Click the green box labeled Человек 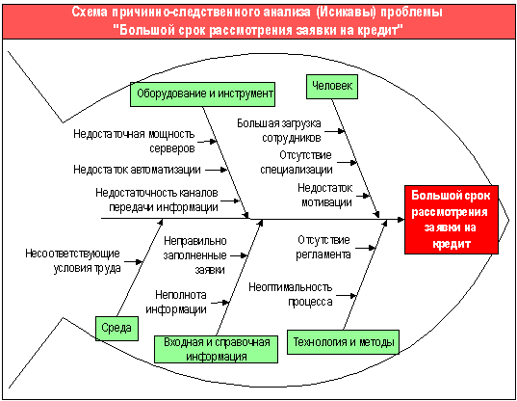coord(332,87)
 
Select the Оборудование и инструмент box coord(202,94)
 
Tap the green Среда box coord(116,329)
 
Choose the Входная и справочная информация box coord(217,349)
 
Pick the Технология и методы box coord(343,342)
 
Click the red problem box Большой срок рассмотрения coord(452,220)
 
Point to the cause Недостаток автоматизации coord(137,170)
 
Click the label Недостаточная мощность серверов coord(134,141)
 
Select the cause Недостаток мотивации coord(325,195)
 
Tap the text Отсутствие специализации coord(297,162)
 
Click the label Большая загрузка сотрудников coord(279,130)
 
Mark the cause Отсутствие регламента coord(323,247)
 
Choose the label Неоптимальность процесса coord(290,294)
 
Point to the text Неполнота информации coord(176,302)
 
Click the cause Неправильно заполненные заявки coord(194,255)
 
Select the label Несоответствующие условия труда coord(72,260)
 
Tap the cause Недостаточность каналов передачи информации coord(157,200)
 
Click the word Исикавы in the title coord(347,13)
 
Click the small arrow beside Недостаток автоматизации coord(217,170)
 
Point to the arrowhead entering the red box coord(401,219)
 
